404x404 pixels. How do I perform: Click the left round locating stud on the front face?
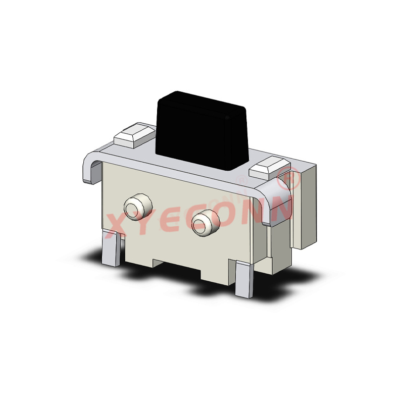click(x=137, y=207)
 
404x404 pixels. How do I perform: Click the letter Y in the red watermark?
click(x=146, y=222)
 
